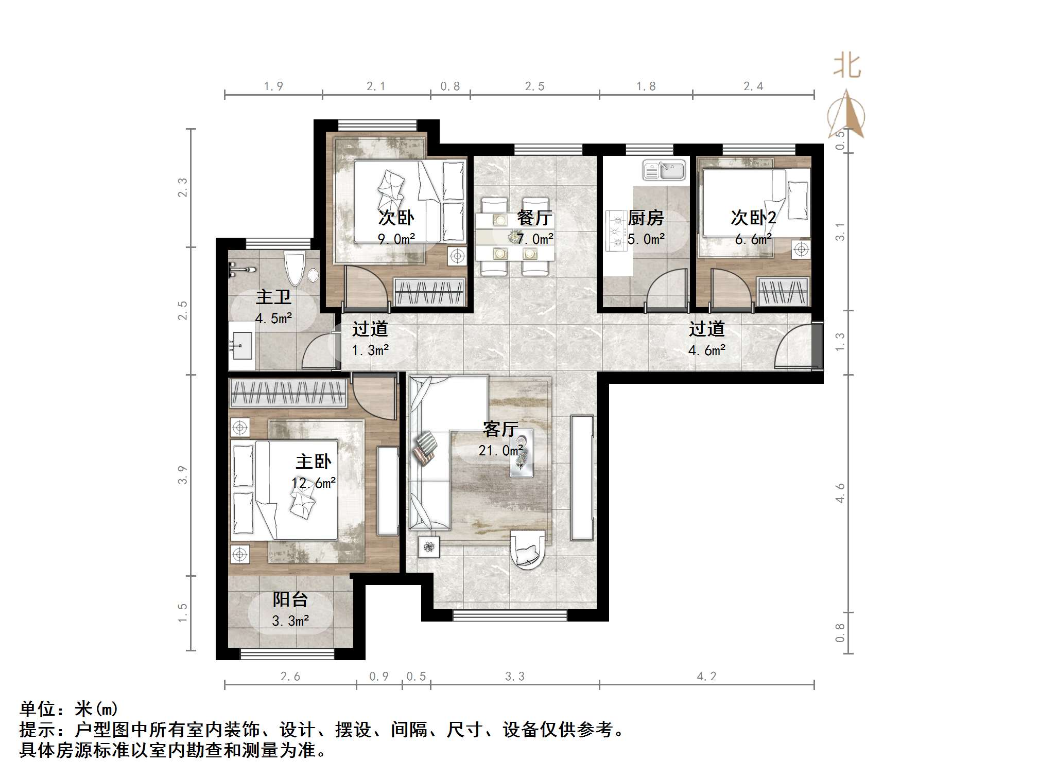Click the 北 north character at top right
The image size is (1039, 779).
click(x=847, y=66)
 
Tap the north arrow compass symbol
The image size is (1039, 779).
click(x=846, y=115)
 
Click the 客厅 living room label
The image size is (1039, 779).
click(x=500, y=429)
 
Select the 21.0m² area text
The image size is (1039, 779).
click(x=500, y=451)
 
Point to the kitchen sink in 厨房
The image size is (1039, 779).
click(x=664, y=170)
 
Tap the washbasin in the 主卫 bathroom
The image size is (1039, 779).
click(x=240, y=345)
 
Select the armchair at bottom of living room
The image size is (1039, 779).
click(x=527, y=550)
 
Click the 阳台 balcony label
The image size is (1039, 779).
click(x=290, y=599)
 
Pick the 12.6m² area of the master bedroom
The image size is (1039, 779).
click(x=313, y=483)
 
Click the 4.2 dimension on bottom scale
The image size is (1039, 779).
click(x=706, y=677)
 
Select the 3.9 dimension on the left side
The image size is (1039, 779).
click(x=182, y=474)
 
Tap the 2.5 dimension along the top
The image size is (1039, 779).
click(x=534, y=86)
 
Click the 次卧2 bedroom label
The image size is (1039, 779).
click(x=753, y=218)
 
